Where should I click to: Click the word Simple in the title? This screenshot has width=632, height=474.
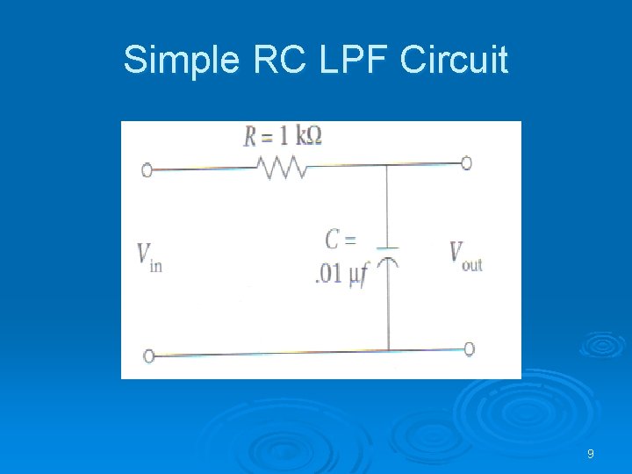click(181, 61)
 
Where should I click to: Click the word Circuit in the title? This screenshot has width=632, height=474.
click(454, 61)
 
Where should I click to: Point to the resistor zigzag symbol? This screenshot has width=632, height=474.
click(281, 166)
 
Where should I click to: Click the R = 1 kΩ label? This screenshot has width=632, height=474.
click(284, 137)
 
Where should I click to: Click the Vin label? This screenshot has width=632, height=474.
click(148, 255)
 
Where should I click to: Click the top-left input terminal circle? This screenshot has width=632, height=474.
click(147, 169)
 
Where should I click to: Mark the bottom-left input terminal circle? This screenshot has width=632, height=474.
click(148, 355)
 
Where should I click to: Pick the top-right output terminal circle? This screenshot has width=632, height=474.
click(466, 162)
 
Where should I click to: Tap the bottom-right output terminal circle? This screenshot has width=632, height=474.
click(469, 348)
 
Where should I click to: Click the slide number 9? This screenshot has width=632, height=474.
click(590, 454)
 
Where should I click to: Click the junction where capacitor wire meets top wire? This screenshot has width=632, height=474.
click(387, 164)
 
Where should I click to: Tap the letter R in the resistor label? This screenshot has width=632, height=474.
click(249, 137)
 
